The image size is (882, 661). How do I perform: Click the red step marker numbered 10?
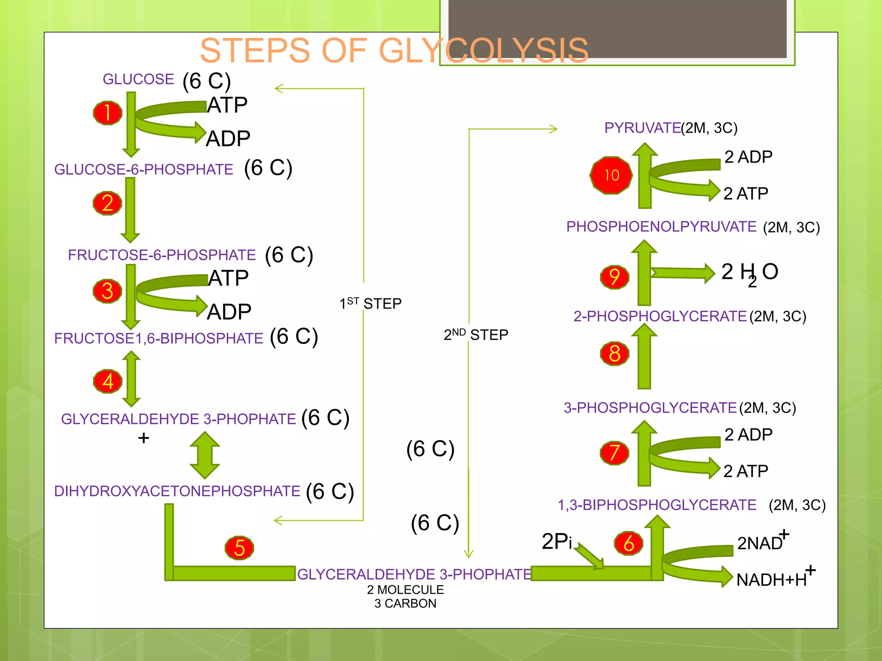click(611, 175)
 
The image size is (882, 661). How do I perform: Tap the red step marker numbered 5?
click(239, 548)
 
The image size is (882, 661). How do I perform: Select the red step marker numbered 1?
click(108, 113)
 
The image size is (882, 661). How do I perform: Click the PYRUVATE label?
click(642, 128)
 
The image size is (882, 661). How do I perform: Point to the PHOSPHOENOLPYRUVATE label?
click(661, 226)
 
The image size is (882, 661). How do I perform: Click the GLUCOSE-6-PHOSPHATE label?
click(143, 170)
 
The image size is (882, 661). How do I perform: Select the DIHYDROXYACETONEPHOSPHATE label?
click(177, 491)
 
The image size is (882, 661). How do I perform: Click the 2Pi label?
click(556, 541)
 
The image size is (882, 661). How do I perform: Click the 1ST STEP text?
click(370, 303)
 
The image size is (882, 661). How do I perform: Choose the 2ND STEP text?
click(476, 334)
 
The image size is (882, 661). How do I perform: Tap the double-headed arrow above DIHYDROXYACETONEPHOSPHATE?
click(205, 455)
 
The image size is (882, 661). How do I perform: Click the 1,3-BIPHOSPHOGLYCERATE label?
click(657, 505)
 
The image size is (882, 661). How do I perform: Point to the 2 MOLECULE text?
click(405, 590)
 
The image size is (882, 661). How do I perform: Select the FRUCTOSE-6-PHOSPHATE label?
click(162, 255)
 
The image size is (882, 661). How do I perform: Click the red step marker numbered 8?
click(615, 354)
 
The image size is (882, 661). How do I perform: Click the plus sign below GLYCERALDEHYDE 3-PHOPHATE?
click(143, 438)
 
